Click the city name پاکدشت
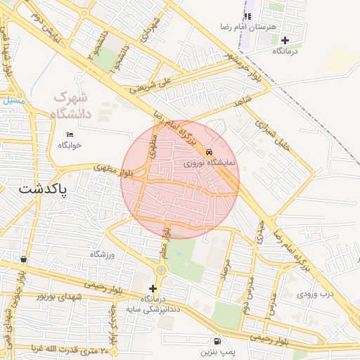[43, 190]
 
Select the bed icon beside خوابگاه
[69, 134]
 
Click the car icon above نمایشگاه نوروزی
[209, 151]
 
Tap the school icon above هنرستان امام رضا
[247, 16]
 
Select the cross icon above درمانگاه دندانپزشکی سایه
[153, 288]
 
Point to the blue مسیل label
[12, 101]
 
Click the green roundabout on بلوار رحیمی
[162, 270]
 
